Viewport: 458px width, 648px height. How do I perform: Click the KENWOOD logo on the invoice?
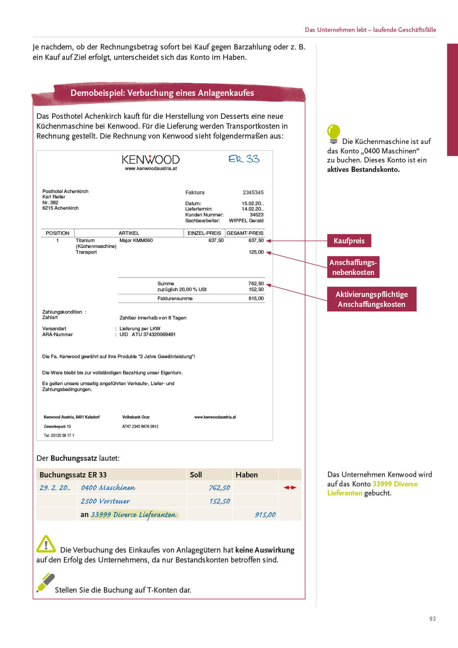coord(150,160)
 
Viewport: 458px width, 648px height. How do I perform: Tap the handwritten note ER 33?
coord(244,159)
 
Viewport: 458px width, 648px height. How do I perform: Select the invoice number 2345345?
coord(253,193)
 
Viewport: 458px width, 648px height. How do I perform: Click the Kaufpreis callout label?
coord(349,241)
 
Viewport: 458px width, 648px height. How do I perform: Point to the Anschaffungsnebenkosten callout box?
coord(353,267)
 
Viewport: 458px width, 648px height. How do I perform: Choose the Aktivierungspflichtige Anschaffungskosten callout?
coord(372,299)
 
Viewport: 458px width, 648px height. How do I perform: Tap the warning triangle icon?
coord(46,544)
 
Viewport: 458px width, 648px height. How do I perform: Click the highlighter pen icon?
coord(45,582)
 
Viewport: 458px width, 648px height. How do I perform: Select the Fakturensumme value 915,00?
coord(256,299)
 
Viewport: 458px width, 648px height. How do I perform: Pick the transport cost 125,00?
coord(256,252)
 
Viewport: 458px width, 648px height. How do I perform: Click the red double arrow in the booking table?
coord(290,488)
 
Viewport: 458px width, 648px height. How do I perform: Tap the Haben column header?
coord(247,475)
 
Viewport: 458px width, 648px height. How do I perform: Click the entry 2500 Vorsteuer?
coord(105,501)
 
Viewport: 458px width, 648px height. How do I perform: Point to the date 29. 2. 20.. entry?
coord(55,488)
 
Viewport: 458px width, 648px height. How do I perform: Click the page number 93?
coord(432,619)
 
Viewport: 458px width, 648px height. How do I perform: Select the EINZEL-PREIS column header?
coord(204,233)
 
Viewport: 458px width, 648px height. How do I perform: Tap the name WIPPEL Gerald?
coord(246,221)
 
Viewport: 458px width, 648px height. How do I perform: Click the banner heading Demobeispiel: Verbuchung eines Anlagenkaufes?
coord(162,93)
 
